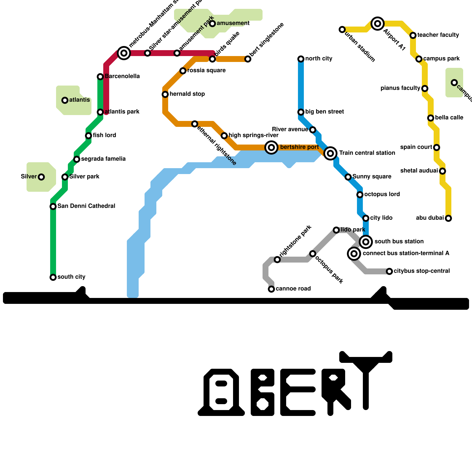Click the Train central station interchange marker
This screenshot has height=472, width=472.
[330, 153]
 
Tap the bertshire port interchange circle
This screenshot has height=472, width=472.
[271, 147]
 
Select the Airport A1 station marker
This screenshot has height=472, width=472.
[378, 24]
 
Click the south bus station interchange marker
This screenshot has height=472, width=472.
[366, 242]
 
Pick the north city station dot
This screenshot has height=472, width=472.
[301, 59]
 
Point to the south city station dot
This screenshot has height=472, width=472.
[53, 277]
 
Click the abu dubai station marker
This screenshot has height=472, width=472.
[448, 218]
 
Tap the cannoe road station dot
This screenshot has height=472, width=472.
[271, 289]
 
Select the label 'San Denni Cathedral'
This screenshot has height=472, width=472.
[86, 206]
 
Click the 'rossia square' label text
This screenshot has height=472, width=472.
[206, 71]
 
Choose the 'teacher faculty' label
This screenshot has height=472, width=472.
[438, 35]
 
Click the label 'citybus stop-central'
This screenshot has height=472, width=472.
[422, 271]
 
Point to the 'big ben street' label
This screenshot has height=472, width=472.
[324, 112]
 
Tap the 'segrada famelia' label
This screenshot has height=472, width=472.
[103, 159]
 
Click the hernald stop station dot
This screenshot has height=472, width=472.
[165, 94]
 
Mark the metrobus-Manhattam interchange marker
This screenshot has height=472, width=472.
[124, 53]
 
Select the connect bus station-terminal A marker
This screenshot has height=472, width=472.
[354, 254]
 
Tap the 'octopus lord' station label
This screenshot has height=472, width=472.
[382, 194]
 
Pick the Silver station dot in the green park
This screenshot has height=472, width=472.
[41, 177]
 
